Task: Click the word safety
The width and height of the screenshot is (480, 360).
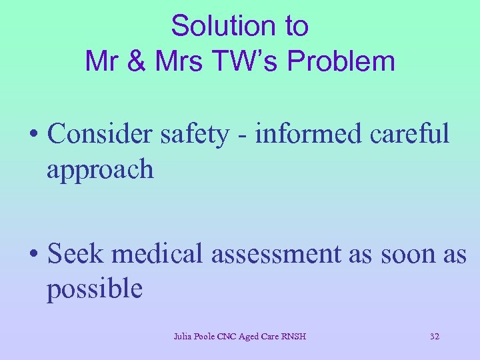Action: (x=194, y=134)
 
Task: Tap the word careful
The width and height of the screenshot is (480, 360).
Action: (x=409, y=134)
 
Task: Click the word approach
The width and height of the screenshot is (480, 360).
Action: (x=99, y=171)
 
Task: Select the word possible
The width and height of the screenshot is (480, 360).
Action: (x=94, y=290)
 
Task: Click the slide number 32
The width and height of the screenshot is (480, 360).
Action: (x=435, y=337)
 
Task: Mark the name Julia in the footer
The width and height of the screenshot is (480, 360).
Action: (x=183, y=337)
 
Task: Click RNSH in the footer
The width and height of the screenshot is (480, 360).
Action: (x=293, y=337)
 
